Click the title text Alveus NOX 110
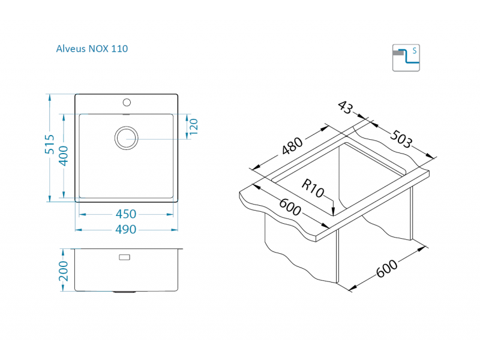tap(91, 49)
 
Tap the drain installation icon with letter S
tap(406, 57)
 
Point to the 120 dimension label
tap(193, 126)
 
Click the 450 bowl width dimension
tap(126, 214)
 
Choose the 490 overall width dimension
tap(126, 229)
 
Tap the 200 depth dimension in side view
tap(64, 271)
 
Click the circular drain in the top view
tap(126, 137)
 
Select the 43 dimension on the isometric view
tap(344, 107)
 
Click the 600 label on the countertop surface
tap(290, 207)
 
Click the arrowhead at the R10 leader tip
tap(332, 211)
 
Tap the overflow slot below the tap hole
tap(127, 113)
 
